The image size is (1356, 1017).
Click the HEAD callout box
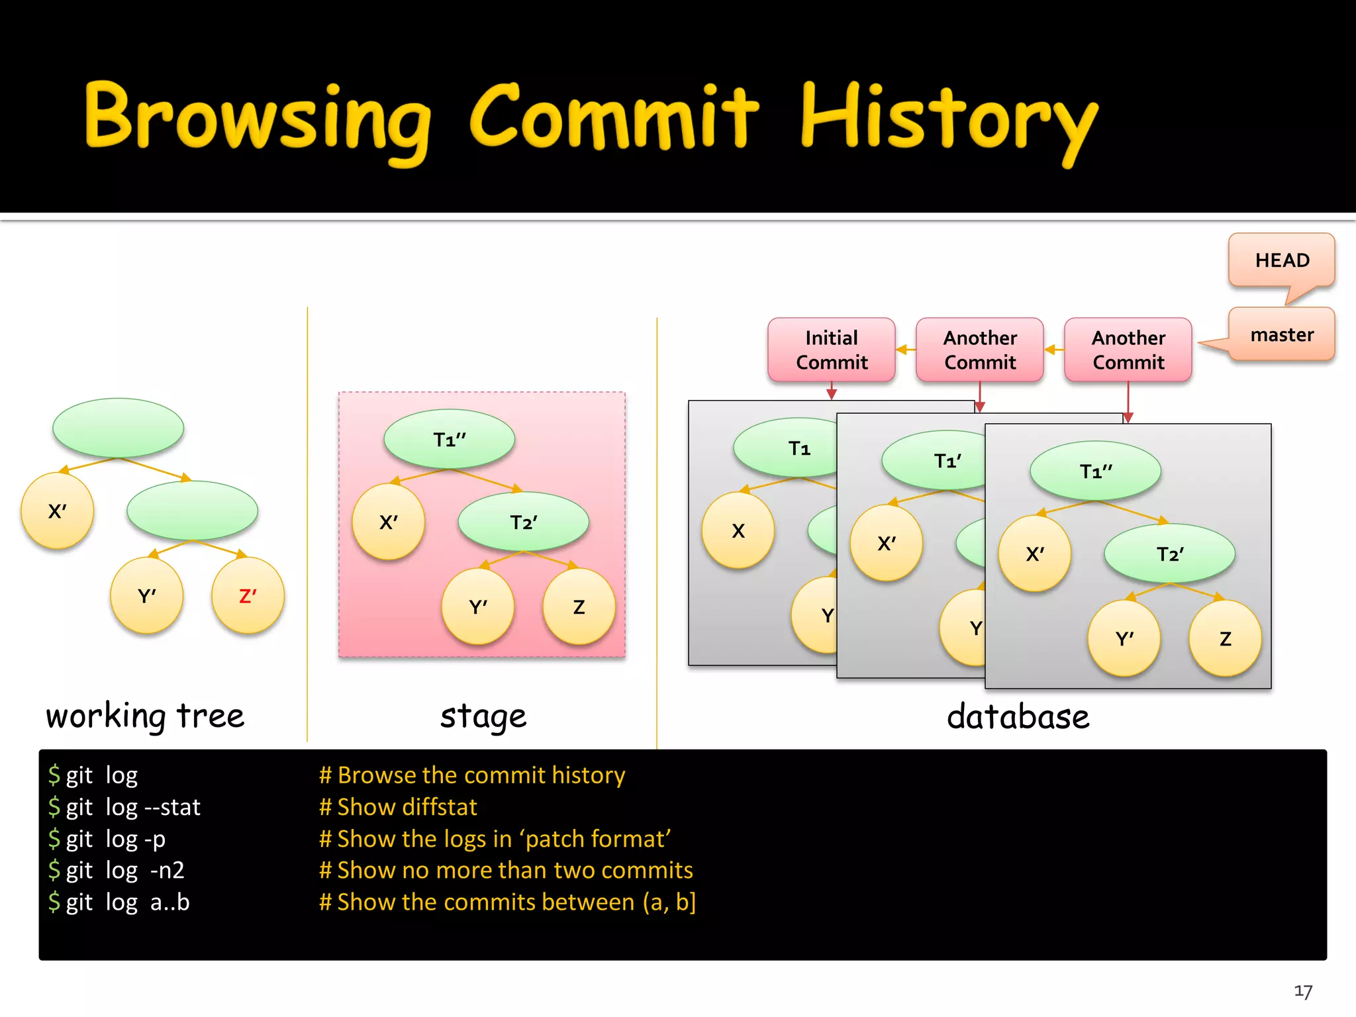1281,260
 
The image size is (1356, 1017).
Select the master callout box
1281,334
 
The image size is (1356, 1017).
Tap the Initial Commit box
831,350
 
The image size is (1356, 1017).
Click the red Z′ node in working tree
248,596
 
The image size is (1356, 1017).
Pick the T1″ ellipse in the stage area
449,440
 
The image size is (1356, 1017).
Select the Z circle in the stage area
579,606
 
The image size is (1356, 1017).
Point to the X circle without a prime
738,530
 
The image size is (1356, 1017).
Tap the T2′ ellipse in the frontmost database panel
1169,554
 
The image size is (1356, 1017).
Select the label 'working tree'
145,716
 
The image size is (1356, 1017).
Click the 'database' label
1018,716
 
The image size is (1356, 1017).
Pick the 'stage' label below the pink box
483,716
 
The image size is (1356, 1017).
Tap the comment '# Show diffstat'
398,807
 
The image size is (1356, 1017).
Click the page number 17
1302,991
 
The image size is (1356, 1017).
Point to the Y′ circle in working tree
146,596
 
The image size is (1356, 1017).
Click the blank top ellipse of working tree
118,428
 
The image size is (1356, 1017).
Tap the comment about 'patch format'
495,839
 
